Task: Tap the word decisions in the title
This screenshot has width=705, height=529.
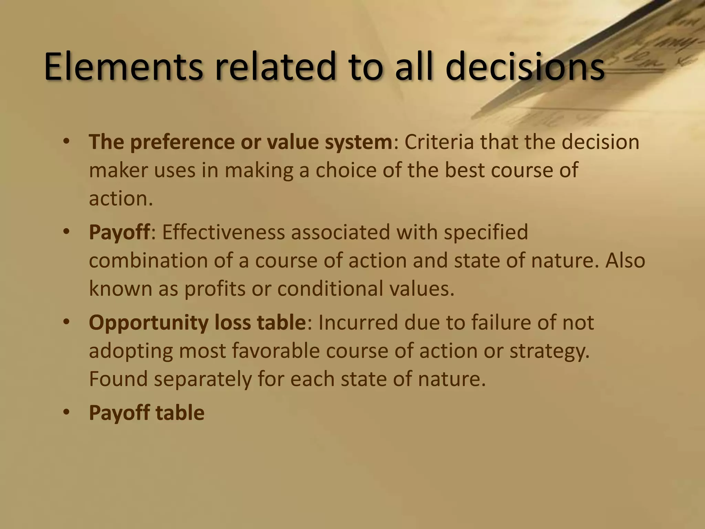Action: click(525, 66)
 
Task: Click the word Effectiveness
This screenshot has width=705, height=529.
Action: click(224, 232)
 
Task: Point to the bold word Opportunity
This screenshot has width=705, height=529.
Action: click(148, 323)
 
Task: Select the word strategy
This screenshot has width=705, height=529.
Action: click(549, 351)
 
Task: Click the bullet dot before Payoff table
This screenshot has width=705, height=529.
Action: click(66, 412)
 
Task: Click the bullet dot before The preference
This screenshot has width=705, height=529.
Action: click(66, 142)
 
